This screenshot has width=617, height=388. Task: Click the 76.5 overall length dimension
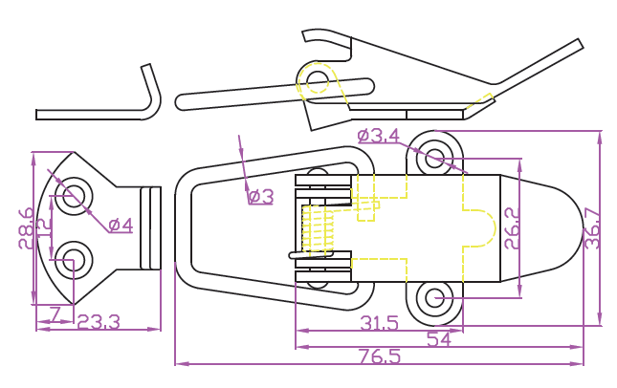(381, 356)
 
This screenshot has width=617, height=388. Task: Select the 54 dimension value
(439, 339)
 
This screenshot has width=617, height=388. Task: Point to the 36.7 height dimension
(594, 227)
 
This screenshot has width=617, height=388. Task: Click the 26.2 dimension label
(512, 228)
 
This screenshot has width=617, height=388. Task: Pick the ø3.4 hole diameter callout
(378, 136)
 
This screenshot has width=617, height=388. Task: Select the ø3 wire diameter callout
(260, 197)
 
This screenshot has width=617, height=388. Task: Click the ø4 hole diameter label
(121, 226)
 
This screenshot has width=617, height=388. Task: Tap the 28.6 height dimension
(27, 227)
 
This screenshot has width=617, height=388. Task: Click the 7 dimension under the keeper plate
(55, 313)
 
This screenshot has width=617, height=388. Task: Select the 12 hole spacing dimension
(44, 228)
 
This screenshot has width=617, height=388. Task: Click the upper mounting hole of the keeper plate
(68, 199)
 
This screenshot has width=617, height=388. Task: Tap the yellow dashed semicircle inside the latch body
(487, 227)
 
